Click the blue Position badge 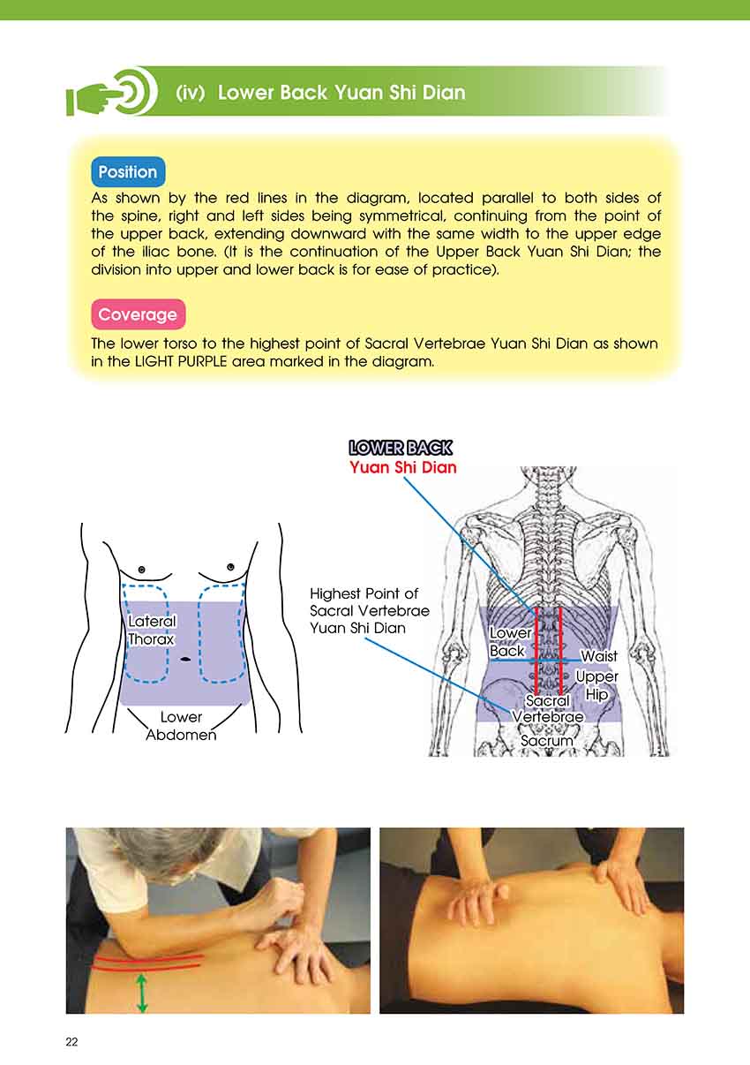pos(128,171)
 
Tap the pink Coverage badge pos(138,314)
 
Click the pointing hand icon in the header pos(112,91)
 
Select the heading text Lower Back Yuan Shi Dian pos(341,92)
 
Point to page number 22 pos(71,1042)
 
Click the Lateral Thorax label pos(152,630)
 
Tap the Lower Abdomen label pos(181,726)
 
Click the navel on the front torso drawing pos(185,659)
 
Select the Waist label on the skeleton pos(599,656)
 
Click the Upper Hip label pos(596,685)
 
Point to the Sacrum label pos(547,740)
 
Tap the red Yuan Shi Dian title pos(403,467)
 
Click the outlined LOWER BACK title pos(401,448)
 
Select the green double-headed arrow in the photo pos(141,993)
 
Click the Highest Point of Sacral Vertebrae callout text pos(370,610)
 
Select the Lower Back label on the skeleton pos(510,641)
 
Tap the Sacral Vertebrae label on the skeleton pos(548,708)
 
